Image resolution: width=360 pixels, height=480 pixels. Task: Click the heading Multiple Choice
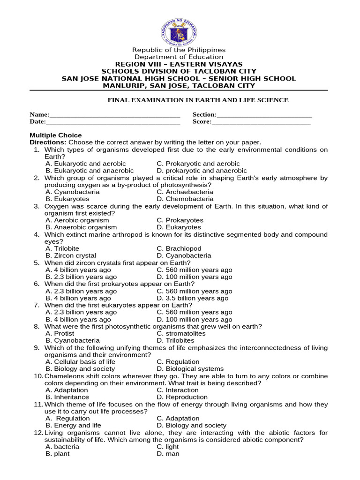pyautogui.click(x=56, y=135)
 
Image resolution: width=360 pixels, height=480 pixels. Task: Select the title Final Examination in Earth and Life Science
pyautogui.click(x=198, y=100)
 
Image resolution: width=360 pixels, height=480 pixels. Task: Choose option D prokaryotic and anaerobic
pyautogui.click(x=202, y=171)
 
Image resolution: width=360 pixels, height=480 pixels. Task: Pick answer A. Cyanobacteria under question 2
pyautogui.click(x=73, y=192)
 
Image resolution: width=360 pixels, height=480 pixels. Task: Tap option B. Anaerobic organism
pyautogui.click(x=81, y=227)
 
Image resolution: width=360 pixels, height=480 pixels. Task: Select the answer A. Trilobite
pyautogui.click(x=62, y=248)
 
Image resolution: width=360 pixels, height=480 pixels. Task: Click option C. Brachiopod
pyautogui.click(x=179, y=248)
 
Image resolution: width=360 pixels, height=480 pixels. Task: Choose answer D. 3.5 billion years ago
pyautogui.click(x=193, y=298)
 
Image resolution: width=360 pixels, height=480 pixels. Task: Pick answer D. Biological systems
pyautogui.click(x=190, y=369)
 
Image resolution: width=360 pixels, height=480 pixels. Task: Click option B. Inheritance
pyautogui.click(x=67, y=397)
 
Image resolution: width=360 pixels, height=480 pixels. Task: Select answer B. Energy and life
pyautogui.click(x=74, y=425)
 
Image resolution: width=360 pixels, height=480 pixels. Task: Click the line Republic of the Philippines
pyautogui.click(x=179, y=50)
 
